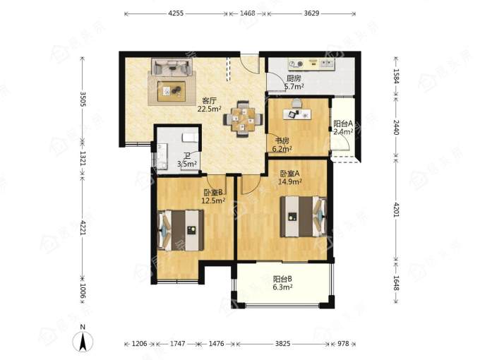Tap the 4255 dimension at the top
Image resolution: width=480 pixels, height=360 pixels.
(176, 13)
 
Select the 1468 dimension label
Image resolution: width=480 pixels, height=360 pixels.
(247, 13)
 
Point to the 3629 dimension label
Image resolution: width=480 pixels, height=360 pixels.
(311, 13)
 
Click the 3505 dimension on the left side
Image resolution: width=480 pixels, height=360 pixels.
(83, 100)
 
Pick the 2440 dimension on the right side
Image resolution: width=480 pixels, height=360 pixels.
(396, 127)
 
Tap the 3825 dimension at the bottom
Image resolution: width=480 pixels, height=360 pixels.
(282, 344)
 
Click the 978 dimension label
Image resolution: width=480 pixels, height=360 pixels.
(343, 344)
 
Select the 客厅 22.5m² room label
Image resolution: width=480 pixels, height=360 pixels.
(210, 104)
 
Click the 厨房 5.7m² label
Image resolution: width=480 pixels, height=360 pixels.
(294, 83)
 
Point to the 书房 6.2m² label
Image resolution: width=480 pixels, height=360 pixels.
(282, 145)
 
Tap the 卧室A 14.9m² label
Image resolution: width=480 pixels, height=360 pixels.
(290, 178)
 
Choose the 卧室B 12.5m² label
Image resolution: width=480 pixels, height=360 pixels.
(214, 196)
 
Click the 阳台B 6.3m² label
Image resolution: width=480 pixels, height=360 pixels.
(282, 283)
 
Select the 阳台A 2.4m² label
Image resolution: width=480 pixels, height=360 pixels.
(343, 128)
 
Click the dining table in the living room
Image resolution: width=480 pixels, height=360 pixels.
(244, 119)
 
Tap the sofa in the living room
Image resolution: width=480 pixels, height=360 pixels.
(172, 67)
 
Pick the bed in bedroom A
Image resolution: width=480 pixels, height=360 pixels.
(304, 217)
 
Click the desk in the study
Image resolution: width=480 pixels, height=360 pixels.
(296, 114)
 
